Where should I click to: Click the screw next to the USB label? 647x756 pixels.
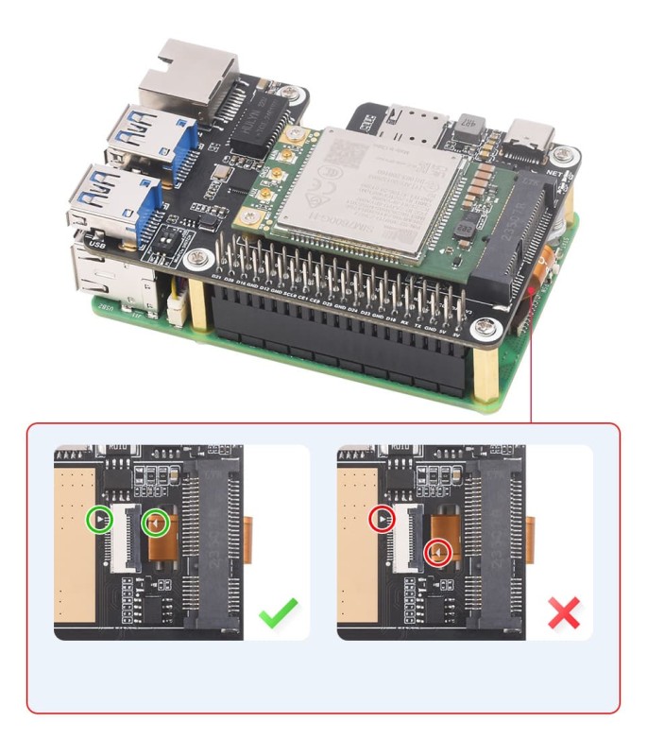point(197,256)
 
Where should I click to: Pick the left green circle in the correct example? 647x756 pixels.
point(98,521)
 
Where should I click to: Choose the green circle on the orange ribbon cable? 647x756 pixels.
point(155,522)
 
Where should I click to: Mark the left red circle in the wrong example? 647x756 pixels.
point(381,518)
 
